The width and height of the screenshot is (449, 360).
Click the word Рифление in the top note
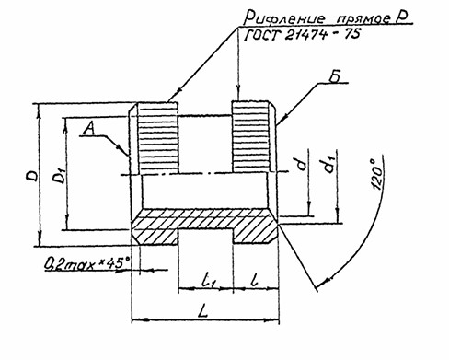pyautogui.click(x=283, y=17)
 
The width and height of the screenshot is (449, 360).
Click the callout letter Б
pyautogui.click(x=334, y=77)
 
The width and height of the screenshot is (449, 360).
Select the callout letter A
pyautogui.click(x=88, y=128)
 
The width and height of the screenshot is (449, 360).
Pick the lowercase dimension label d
pyautogui.click(x=302, y=164)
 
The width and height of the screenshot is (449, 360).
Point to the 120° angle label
pyautogui.click(x=377, y=173)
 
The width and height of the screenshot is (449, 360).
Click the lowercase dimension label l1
pyautogui.click(x=211, y=280)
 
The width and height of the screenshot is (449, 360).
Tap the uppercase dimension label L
pyautogui.click(x=203, y=312)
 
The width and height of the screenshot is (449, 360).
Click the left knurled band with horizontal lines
pyautogui.click(x=157, y=137)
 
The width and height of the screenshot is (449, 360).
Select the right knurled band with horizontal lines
pyautogui.click(x=251, y=136)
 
